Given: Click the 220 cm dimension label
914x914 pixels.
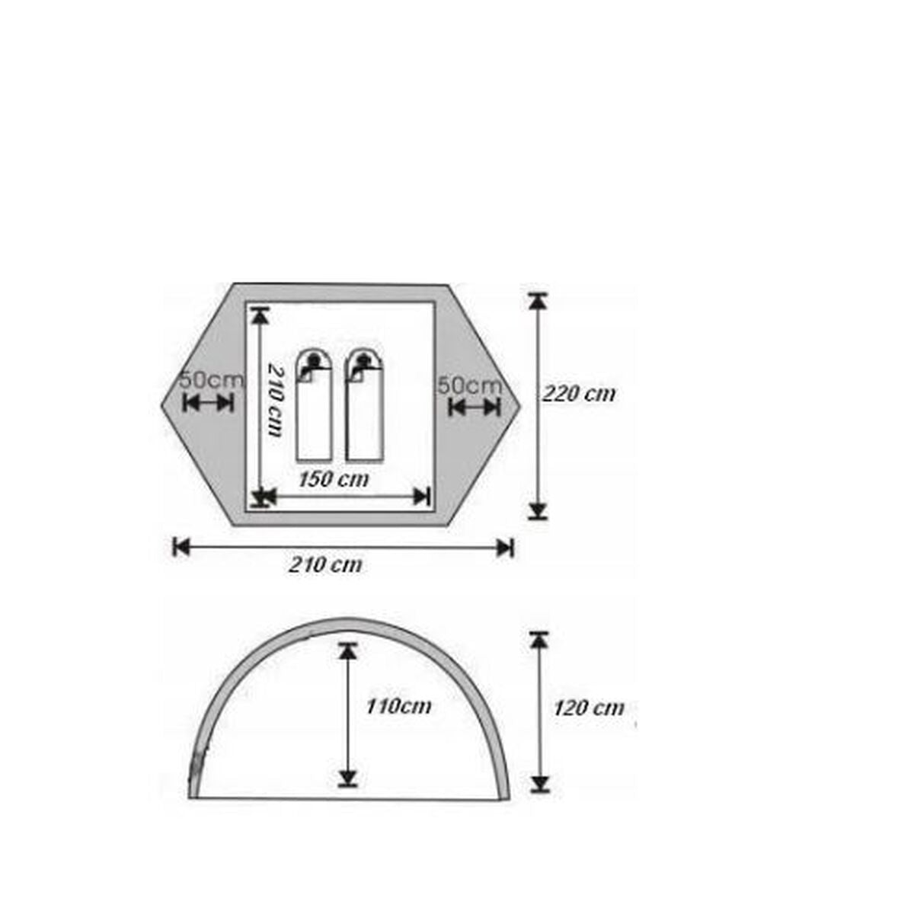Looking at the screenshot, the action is coord(579,394).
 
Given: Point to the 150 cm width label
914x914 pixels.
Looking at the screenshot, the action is coord(334,479).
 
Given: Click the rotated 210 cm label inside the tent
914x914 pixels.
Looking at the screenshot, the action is coord(276,399).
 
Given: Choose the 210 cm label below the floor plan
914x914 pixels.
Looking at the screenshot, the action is coord(325,565).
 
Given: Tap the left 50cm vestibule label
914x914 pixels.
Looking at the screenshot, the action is coord(212,380).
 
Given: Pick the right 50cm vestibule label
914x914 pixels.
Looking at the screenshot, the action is coord(470,385).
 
